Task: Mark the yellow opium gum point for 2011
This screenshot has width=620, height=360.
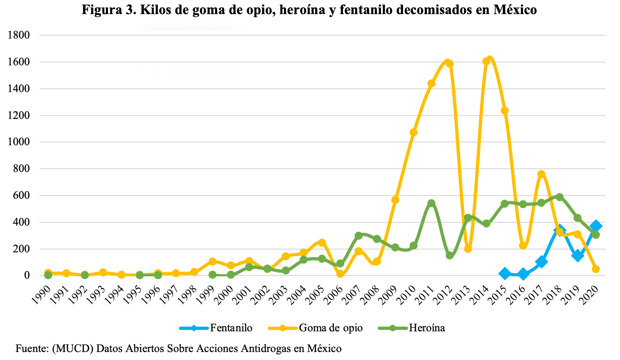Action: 431,83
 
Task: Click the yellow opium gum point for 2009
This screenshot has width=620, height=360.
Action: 395,200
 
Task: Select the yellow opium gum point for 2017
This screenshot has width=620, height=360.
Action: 541,174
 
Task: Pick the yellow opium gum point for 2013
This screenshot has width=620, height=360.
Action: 468,249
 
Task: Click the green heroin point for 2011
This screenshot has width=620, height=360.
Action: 431,203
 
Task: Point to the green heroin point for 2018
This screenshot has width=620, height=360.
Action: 559,197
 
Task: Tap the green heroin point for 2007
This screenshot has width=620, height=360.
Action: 358,235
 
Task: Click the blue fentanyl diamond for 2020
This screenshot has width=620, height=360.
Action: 596,226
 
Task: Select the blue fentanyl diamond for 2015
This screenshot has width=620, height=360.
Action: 504,274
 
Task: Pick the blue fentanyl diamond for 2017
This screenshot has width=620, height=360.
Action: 541,262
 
